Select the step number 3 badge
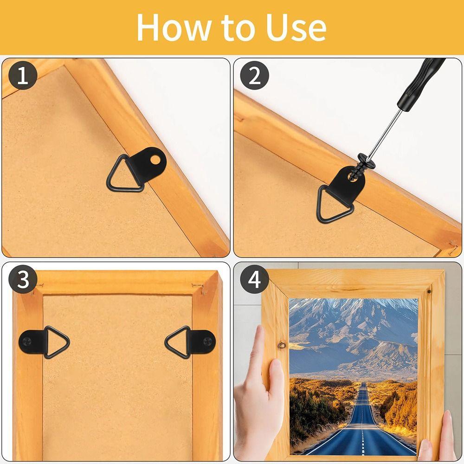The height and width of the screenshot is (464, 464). coord(23,280)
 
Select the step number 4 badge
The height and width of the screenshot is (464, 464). coord(255,280)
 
